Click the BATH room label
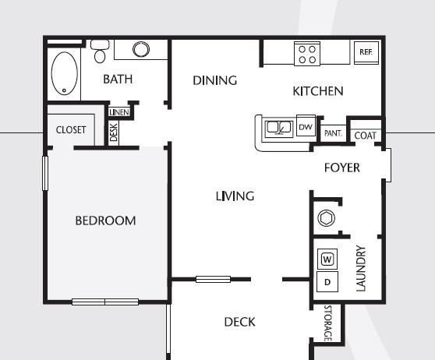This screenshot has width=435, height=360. point(118,79)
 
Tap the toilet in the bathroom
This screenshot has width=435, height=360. point(100,51)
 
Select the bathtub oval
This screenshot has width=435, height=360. point(65,73)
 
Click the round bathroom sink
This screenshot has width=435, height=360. point(141,49)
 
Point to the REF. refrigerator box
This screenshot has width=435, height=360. point(366,53)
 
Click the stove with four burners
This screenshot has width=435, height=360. point(307,54)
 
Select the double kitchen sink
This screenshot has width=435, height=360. point(279,129)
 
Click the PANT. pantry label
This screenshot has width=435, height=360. point(333,133)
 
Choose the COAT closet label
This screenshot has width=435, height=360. point(366,136)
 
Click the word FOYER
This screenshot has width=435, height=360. point(342,168)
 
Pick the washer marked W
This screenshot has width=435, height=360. point(327,259)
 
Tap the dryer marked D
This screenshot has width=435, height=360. point(327,282)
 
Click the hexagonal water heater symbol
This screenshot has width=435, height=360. point(326,218)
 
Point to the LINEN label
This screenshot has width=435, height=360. point(119,112)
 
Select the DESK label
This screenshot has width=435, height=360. point(114,132)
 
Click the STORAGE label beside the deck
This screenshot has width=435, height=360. point(328,323)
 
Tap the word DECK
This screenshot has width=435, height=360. point(239,322)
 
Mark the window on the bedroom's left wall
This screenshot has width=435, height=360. point(45,173)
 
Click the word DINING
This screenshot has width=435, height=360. point(214,80)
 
